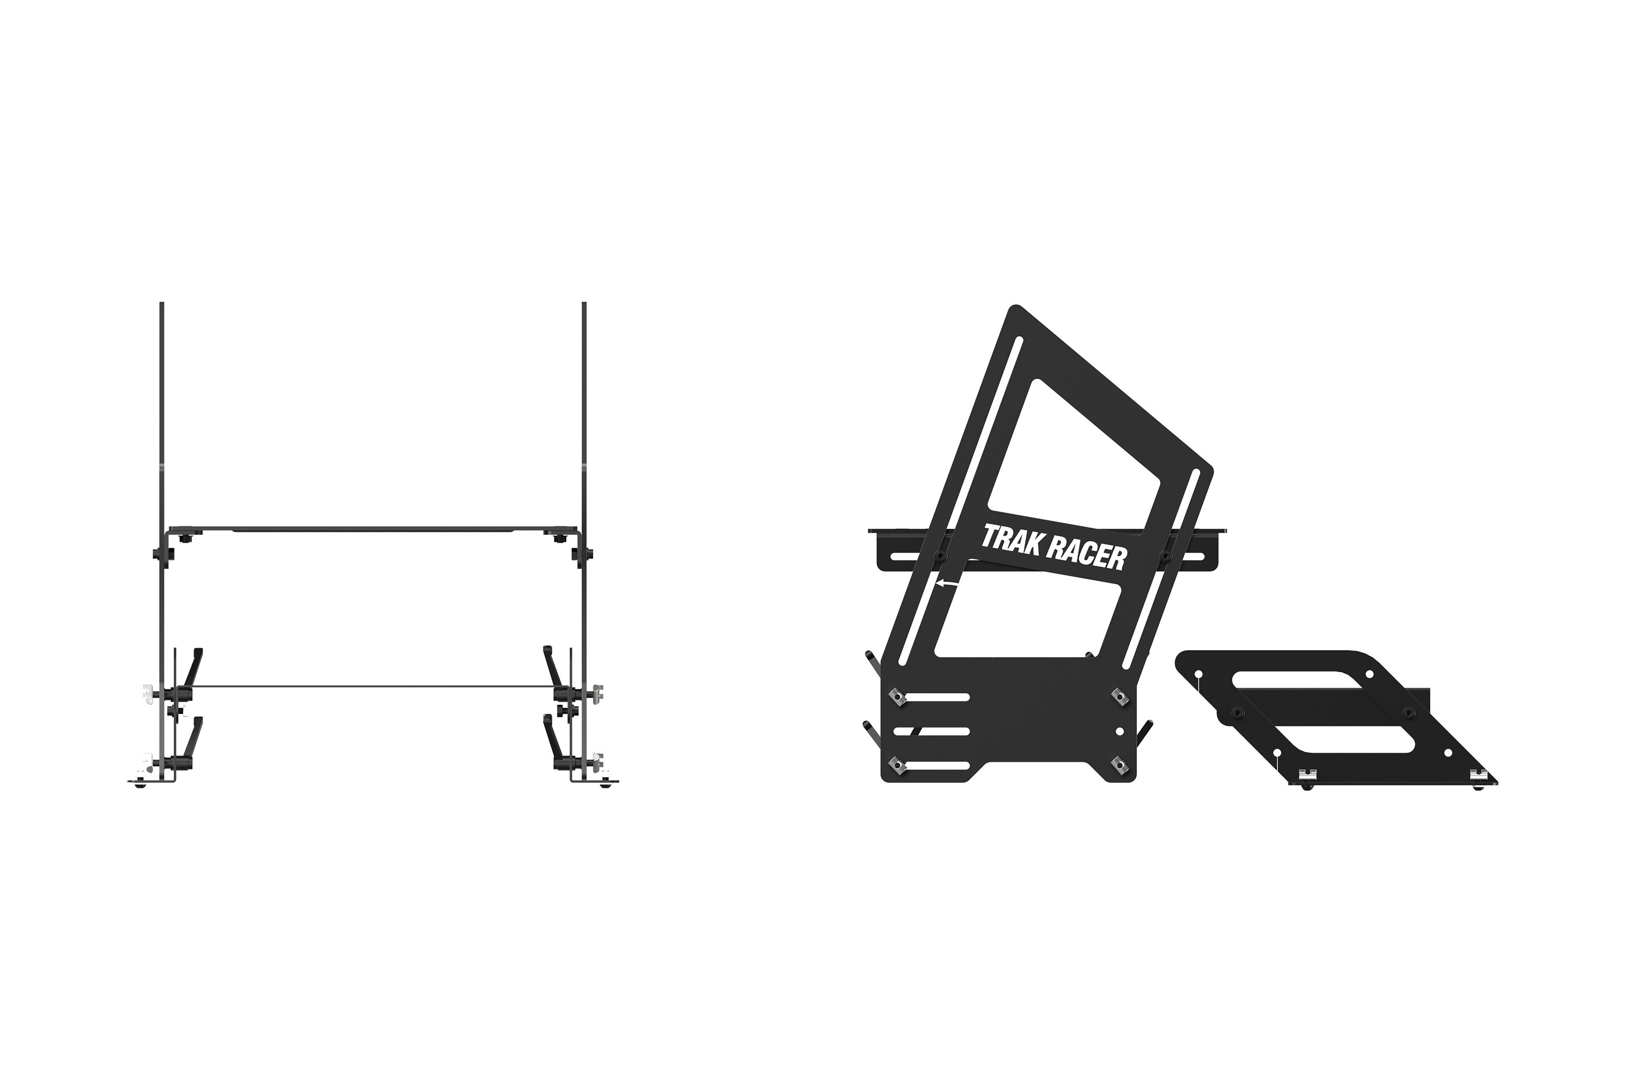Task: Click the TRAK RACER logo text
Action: click(x=1053, y=548)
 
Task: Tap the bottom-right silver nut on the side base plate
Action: click(x=1119, y=765)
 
